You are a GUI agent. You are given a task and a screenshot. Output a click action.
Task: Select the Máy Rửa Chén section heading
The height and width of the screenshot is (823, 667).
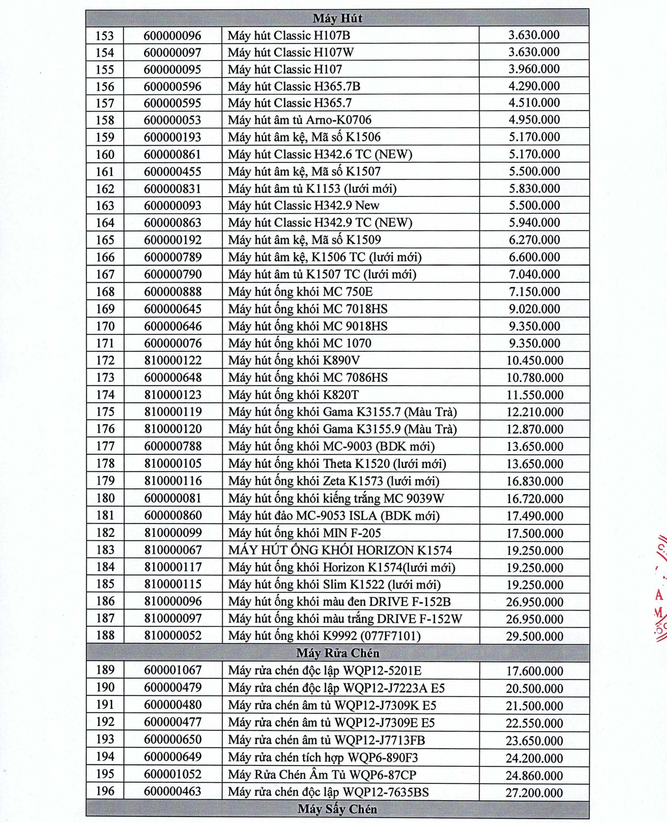[x=337, y=653]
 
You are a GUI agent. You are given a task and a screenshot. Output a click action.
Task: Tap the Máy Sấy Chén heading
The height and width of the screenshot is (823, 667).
[x=337, y=809]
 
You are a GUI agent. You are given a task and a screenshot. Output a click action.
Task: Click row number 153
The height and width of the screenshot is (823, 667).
[x=104, y=35]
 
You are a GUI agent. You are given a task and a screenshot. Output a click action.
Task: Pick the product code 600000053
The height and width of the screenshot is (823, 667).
[x=173, y=120]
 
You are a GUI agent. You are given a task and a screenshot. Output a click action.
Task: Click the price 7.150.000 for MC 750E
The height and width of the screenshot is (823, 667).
[x=534, y=291]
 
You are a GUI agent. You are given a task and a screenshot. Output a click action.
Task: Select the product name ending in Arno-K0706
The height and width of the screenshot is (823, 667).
[x=300, y=120]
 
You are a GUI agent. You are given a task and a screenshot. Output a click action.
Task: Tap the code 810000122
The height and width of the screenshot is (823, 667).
[x=173, y=360]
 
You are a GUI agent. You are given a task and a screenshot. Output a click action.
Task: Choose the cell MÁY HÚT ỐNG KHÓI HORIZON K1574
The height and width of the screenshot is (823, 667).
[x=340, y=550]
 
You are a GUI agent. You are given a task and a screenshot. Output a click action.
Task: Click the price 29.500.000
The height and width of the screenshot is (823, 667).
[x=534, y=636]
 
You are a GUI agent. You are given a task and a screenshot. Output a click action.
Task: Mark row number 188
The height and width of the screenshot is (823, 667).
[x=105, y=635]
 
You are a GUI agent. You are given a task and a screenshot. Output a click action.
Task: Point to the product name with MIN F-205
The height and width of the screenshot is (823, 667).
[x=304, y=532]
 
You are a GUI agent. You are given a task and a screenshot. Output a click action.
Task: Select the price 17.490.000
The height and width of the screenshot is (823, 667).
[x=534, y=516]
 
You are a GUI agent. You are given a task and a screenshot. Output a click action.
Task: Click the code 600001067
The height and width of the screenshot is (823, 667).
[x=173, y=670]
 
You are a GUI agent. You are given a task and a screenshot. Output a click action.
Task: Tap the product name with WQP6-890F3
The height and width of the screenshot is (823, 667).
[x=323, y=757]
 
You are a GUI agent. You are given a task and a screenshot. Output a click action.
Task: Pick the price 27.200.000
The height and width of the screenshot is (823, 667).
[x=534, y=792]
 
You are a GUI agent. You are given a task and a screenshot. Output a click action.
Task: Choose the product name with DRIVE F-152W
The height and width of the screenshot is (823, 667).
[x=345, y=618]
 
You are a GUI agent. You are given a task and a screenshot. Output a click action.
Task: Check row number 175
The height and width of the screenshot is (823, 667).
[x=105, y=411]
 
